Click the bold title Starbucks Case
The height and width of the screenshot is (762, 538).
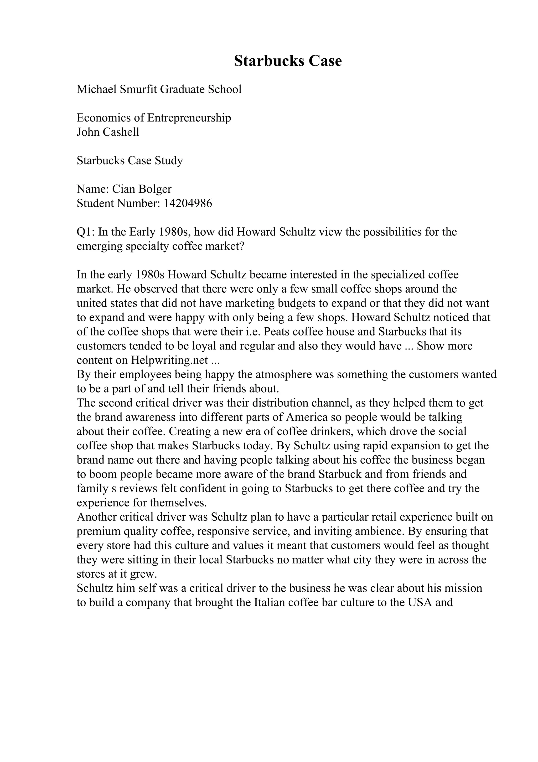coord(288,61)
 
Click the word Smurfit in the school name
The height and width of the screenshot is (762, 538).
coord(138,89)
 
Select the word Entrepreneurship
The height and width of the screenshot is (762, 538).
coord(189,118)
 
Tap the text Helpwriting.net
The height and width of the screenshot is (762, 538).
coord(169,360)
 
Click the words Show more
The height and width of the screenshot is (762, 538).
coord(444,346)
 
